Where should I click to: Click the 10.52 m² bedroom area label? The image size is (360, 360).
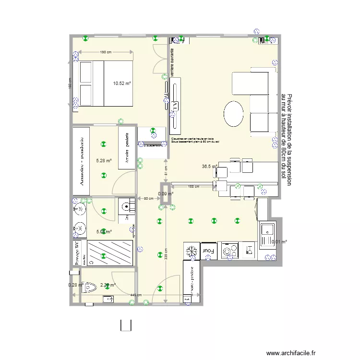[x=122, y=83]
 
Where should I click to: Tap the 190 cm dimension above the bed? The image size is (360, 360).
[x=106, y=52]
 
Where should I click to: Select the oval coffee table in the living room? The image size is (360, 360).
[x=234, y=114]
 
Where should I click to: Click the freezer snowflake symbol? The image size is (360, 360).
[x=191, y=251]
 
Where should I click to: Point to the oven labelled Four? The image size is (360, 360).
[x=208, y=251]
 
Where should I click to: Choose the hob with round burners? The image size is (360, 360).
[x=229, y=251]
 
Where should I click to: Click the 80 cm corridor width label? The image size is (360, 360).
[x=148, y=198]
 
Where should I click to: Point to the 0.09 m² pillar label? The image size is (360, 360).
[x=166, y=193]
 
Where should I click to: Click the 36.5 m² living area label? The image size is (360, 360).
[x=209, y=167]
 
